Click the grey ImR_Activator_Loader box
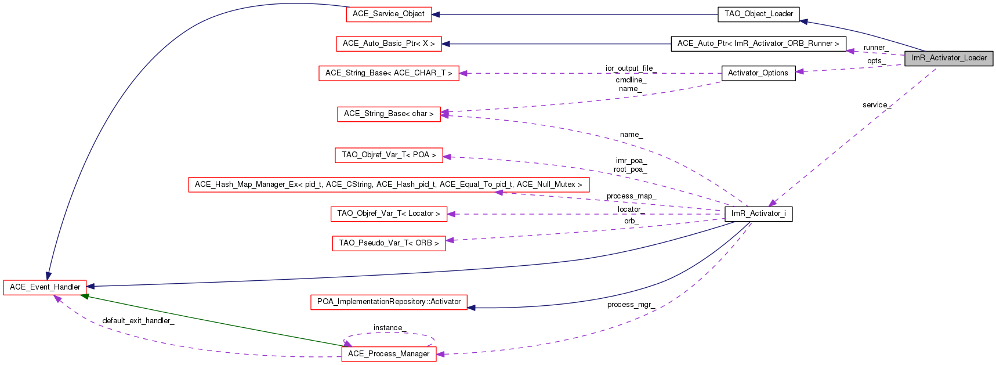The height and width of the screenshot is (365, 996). [x=948, y=58]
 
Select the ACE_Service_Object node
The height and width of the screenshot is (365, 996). [x=389, y=14]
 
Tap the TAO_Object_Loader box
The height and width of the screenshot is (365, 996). [x=758, y=14]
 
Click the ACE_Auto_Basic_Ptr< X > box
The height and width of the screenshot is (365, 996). [x=389, y=44]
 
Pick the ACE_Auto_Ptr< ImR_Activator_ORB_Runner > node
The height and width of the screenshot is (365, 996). [x=758, y=44]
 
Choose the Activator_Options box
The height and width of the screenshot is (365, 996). [x=758, y=73]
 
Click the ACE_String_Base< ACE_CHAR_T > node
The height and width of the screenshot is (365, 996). [x=389, y=73]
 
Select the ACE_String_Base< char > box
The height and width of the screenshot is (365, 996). [x=389, y=114]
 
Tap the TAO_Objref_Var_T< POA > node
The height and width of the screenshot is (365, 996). [x=389, y=155]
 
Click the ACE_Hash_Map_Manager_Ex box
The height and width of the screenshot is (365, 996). [x=389, y=185]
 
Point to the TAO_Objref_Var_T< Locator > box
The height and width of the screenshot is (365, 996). [x=389, y=214]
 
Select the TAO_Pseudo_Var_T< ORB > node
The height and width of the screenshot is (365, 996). [x=389, y=243]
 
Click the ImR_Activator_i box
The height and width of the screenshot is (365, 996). [x=758, y=214]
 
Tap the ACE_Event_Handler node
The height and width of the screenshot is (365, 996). [x=45, y=287]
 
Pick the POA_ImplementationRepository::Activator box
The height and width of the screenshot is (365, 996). [x=389, y=302]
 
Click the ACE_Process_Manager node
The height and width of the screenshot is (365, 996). [x=389, y=354]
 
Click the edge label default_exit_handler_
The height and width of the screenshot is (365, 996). [x=138, y=321]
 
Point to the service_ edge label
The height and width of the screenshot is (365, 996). [x=876, y=105]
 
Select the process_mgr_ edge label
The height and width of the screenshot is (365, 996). [x=631, y=305]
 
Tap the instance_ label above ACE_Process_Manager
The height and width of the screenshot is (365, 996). [x=388, y=328]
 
